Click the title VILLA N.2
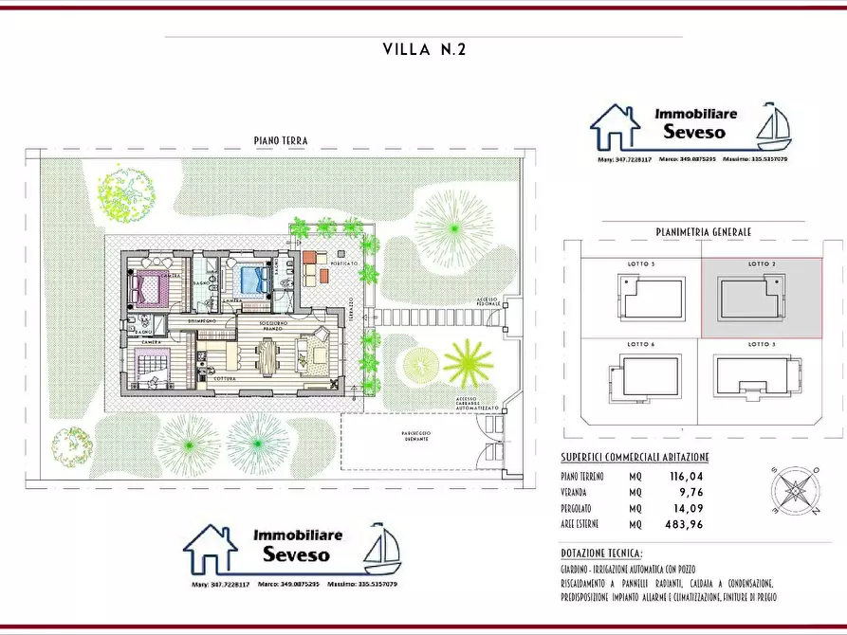pyautogui.click(x=424, y=49)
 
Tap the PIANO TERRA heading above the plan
pyautogui.click(x=281, y=140)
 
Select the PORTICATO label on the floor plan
pyautogui.click(x=343, y=263)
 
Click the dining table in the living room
pyautogui.click(x=269, y=357)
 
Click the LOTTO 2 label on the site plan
pyautogui.click(x=761, y=263)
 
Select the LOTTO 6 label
pyautogui.click(x=640, y=344)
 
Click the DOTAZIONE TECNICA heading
pyautogui.click(x=601, y=553)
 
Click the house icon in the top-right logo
pyautogui.click(x=616, y=129)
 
